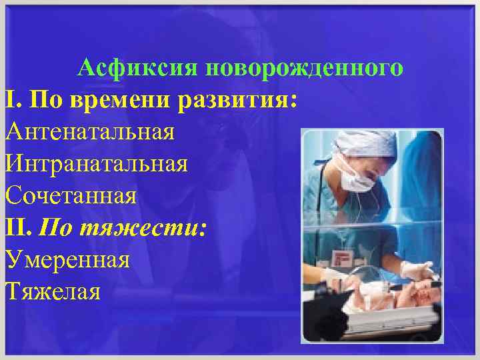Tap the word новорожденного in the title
coord(305,67)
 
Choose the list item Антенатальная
coord(90,131)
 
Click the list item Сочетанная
coord(71,195)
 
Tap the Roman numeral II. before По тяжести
coord(19,227)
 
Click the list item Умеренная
coord(67,259)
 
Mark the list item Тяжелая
coord(53,291)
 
